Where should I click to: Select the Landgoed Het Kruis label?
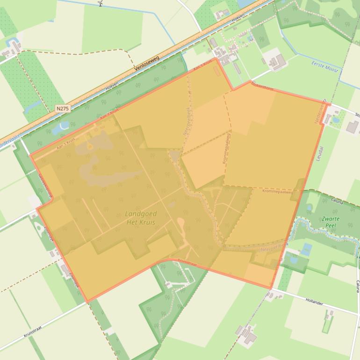[x=141, y=217]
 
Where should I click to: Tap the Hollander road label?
[x=314, y=303]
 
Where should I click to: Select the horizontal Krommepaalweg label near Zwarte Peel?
[x=277, y=192]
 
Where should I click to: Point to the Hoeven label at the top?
[x=238, y=19]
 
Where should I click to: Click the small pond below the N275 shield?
[x=61, y=126]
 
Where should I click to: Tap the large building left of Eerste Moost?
[x=277, y=61]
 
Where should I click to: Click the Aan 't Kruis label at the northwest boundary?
[x=53, y=146]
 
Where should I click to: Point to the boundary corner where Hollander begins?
[x=271, y=288]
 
